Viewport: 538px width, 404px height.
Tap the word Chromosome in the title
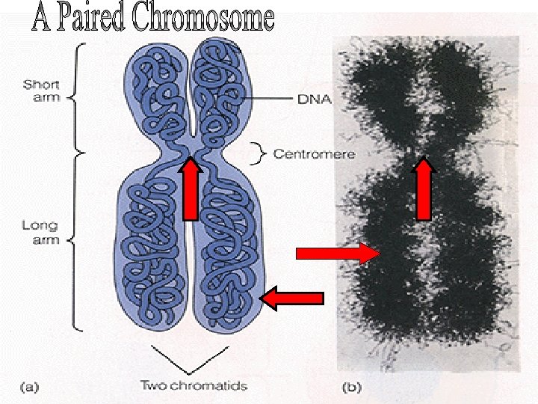click(204, 18)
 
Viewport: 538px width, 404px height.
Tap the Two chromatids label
click(194, 385)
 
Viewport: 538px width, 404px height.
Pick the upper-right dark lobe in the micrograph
click(463, 82)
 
